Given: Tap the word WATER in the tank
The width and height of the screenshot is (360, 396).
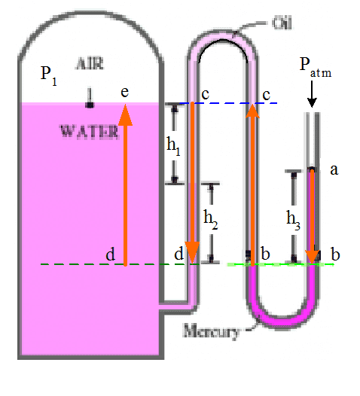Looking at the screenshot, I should click(x=89, y=131).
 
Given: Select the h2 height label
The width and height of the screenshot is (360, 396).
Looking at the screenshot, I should click(x=211, y=218).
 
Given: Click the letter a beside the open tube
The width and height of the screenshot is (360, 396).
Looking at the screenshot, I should click(x=334, y=170).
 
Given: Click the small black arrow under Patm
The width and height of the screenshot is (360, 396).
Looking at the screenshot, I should click(x=313, y=96).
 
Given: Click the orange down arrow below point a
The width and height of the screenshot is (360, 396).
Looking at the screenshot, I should click(x=311, y=218).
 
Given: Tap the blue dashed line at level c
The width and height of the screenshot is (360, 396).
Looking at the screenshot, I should click(x=226, y=103).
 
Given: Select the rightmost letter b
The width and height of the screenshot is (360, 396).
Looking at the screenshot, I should click(x=335, y=254).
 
